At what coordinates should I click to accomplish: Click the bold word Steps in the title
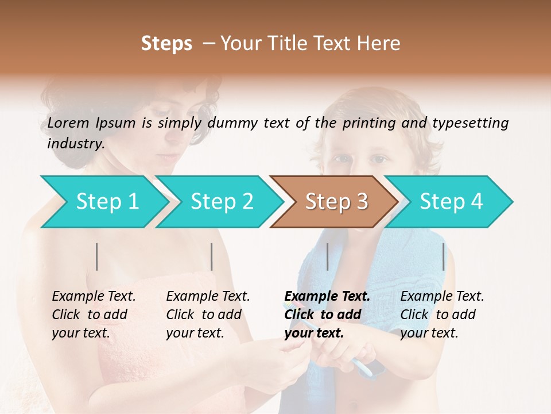point(166,44)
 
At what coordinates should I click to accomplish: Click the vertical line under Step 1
point(97,256)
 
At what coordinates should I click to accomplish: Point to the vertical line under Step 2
point(212,256)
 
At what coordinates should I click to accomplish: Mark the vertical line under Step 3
point(327,256)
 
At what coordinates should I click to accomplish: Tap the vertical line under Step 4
point(443,256)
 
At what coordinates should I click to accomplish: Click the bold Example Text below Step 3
point(327,297)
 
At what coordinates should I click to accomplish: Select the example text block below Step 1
point(94,315)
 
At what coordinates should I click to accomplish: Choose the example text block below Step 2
point(208,315)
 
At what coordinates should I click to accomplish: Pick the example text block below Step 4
point(442,315)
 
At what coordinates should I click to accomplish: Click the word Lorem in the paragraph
point(68,123)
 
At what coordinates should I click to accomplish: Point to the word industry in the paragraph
point(76,144)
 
